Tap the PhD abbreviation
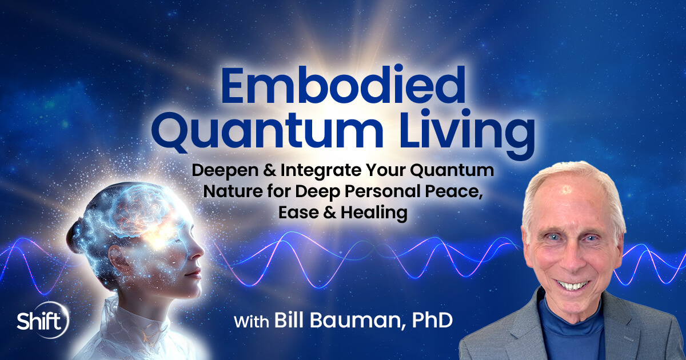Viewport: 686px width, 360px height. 430,321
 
